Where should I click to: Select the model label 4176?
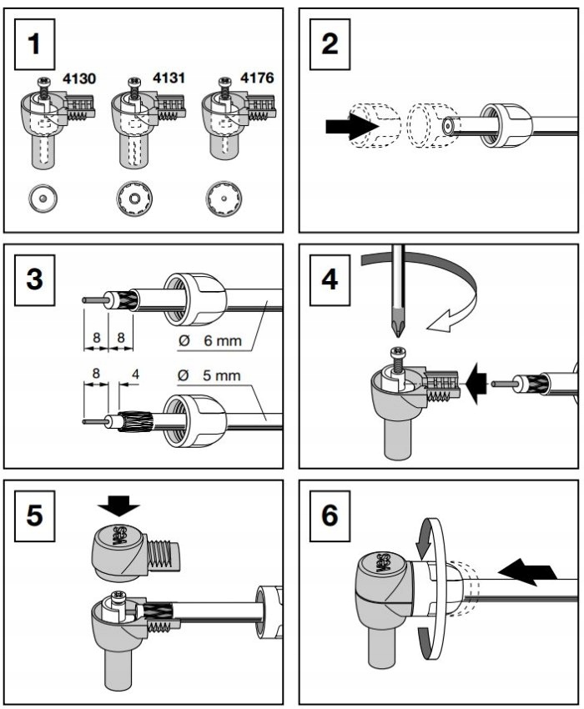point(258,80)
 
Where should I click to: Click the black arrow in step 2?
point(343,128)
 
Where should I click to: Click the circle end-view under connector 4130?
point(42,199)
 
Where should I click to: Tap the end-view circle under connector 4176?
point(223,199)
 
